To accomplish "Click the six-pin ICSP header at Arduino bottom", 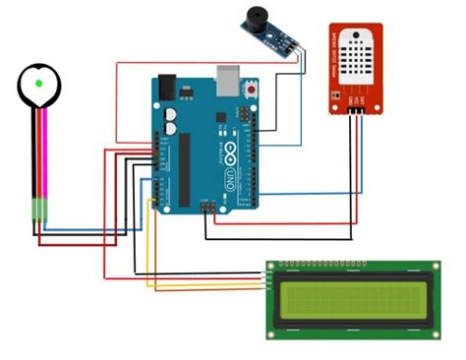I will point(208,209).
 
